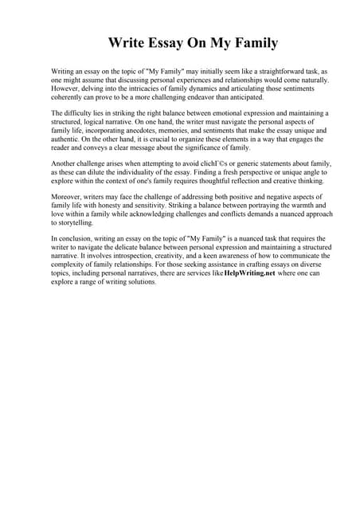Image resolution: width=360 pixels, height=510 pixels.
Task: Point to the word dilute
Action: click(107, 173)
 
